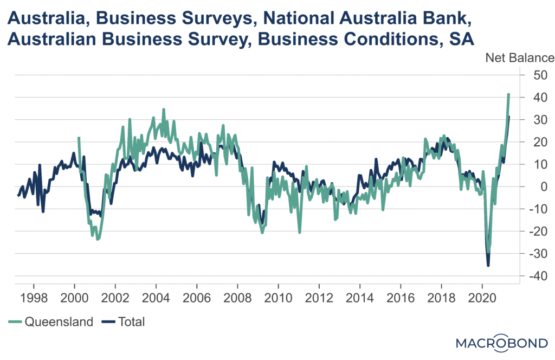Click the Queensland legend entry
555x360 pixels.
[x=51, y=322]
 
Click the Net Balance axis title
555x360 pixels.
[x=519, y=57]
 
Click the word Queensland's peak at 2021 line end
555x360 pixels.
[x=508, y=94]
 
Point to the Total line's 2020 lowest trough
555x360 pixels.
[x=488, y=265]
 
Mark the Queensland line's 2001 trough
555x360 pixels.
[x=98, y=239]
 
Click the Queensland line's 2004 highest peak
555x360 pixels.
[x=164, y=110]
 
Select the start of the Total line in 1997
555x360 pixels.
[x=18, y=196]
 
